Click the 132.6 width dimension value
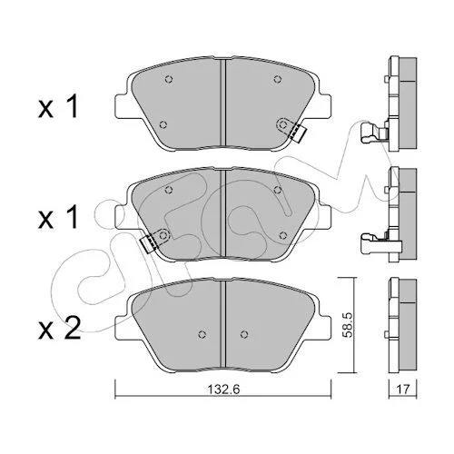coord(223,390)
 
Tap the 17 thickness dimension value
coord(402,389)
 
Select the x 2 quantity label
coord(60,328)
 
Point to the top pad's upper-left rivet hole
coord(169,79)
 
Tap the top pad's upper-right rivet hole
coord(277,79)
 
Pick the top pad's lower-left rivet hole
coord(163,124)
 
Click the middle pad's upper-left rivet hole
coord(169,190)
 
